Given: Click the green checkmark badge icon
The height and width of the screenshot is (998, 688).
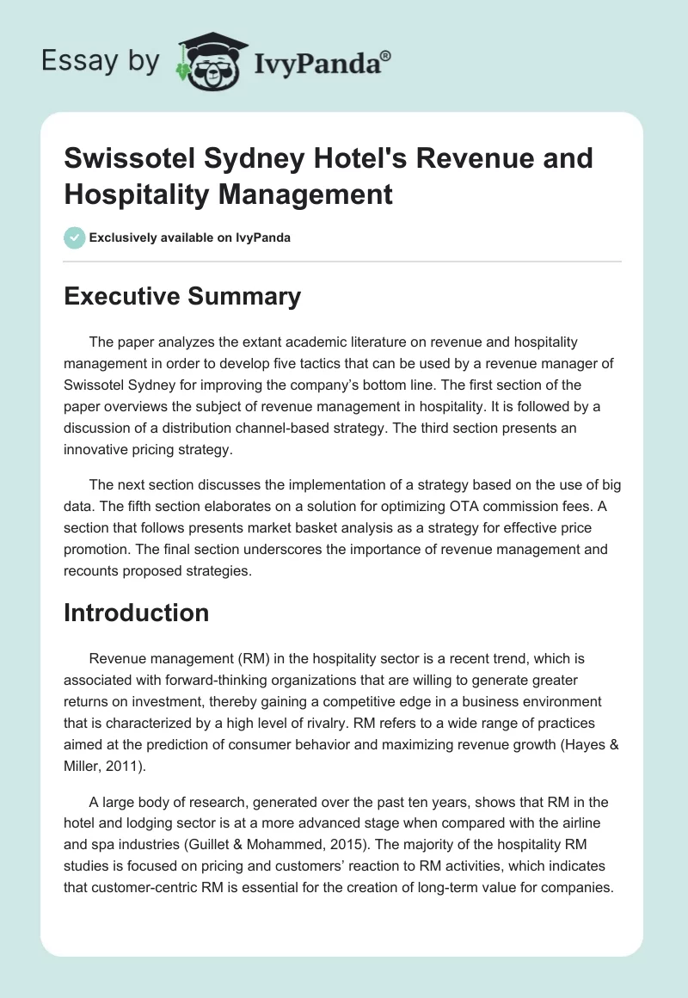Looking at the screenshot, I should (x=75, y=237).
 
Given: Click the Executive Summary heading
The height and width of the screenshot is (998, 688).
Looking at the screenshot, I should (x=182, y=297).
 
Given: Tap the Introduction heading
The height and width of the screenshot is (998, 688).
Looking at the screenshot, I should (x=137, y=613).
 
